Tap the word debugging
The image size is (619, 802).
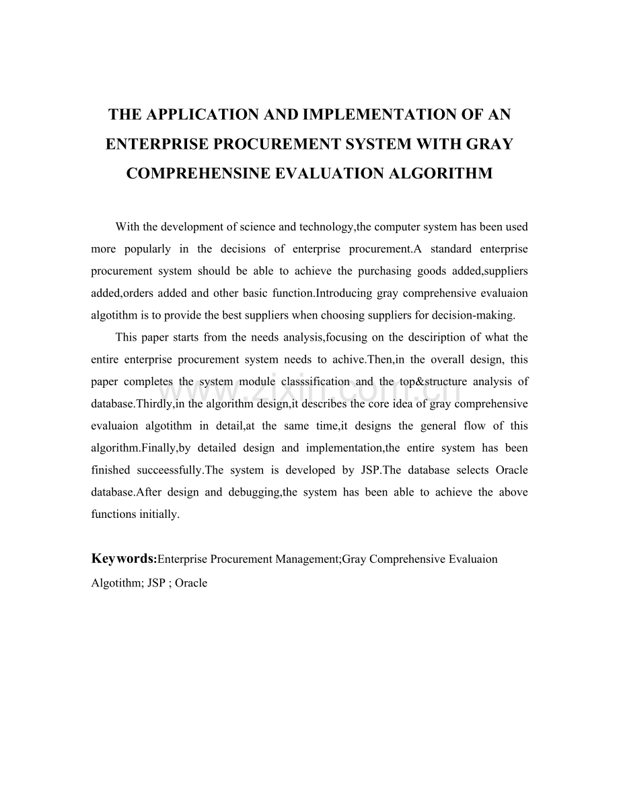[254, 492]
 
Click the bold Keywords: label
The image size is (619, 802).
[124, 559]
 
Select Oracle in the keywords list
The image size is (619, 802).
[191, 583]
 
